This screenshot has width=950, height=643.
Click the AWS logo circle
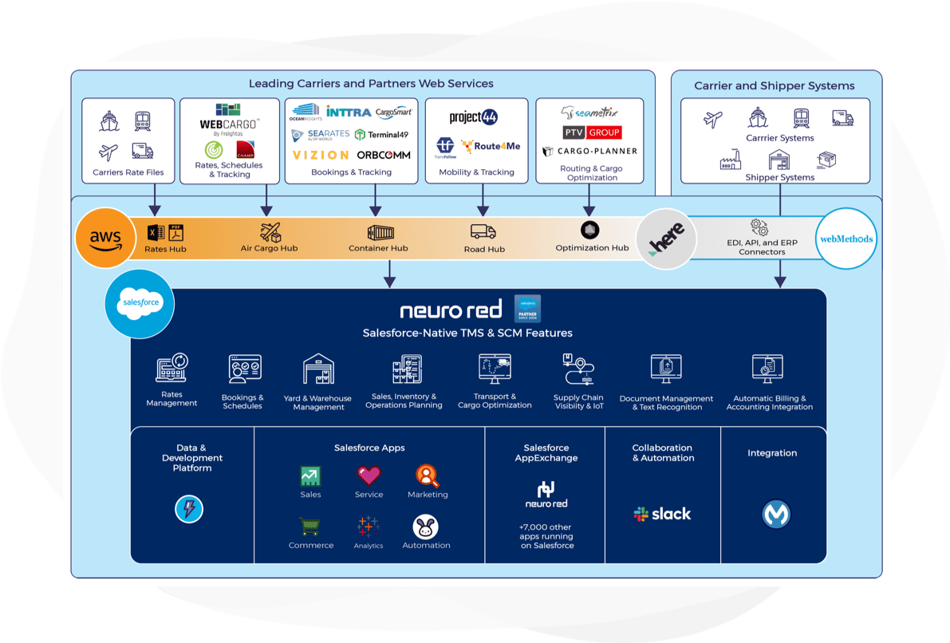click(105, 237)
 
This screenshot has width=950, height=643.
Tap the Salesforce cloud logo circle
click(140, 303)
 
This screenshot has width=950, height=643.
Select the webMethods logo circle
click(846, 239)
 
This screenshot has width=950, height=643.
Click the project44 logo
click(473, 118)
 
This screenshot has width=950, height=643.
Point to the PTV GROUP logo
click(591, 132)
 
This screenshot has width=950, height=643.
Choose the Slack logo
click(662, 514)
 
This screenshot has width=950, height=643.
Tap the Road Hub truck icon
click(483, 232)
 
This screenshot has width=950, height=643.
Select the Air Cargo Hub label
click(269, 248)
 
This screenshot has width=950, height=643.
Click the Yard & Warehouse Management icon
click(318, 369)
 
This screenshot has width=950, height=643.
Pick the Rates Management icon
click(171, 368)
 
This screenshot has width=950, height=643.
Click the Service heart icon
click(369, 475)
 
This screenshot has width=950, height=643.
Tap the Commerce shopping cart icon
click(309, 527)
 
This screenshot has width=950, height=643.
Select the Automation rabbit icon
click(426, 527)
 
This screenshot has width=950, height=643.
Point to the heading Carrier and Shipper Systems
click(774, 85)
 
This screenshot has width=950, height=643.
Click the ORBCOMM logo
click(384, 155)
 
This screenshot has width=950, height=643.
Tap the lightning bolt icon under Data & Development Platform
click(189, 509)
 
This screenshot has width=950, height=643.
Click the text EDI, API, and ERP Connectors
click(762, 247)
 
